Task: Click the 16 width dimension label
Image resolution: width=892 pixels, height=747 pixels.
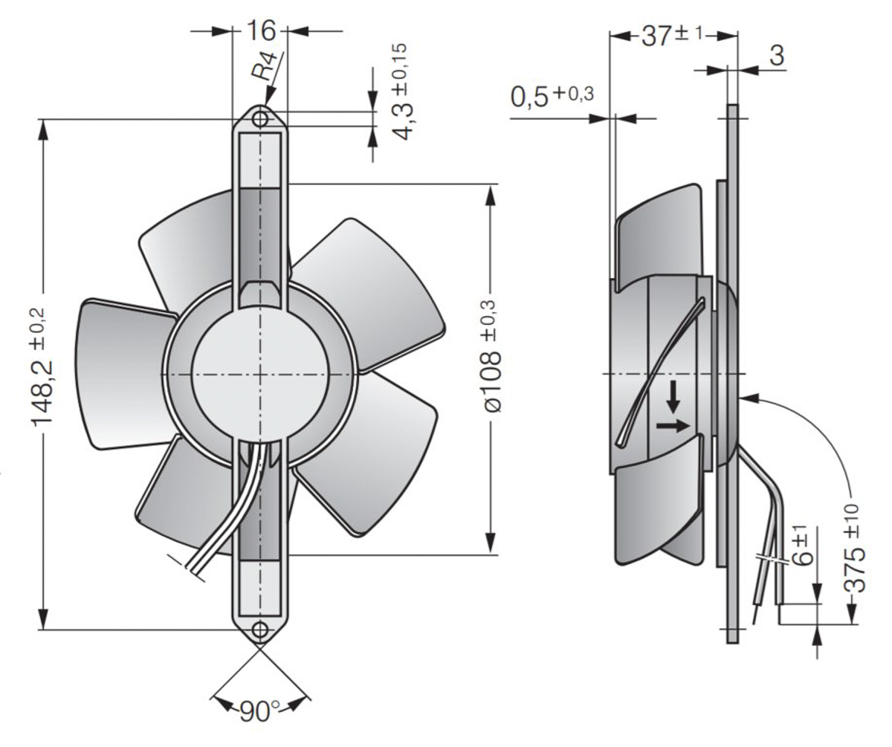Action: pyautogui.click(x=259, y=31)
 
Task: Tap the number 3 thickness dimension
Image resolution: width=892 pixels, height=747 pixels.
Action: pyautogui.click(x=777, y=56)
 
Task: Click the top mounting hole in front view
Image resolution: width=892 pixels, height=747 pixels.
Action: pyautogui.click(x=260, y=119)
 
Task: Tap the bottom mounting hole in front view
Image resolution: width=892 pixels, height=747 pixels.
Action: pyautogui.click(x=259, y=630)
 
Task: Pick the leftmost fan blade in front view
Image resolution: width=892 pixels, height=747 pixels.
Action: pyautogui.click(x=119, y=372)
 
